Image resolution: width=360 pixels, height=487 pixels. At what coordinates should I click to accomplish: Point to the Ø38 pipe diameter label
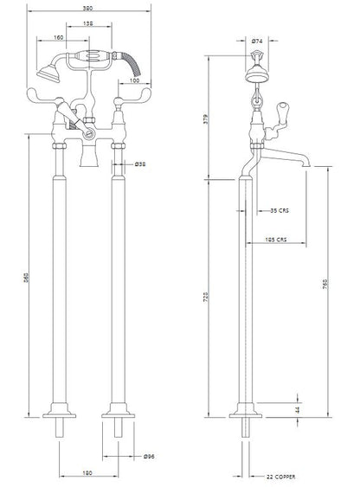[x=139, y=163]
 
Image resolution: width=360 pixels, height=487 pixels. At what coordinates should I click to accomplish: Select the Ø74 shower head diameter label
[x=257, y=42]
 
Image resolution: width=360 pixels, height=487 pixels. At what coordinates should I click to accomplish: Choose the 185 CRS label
[x=277, y=240]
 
